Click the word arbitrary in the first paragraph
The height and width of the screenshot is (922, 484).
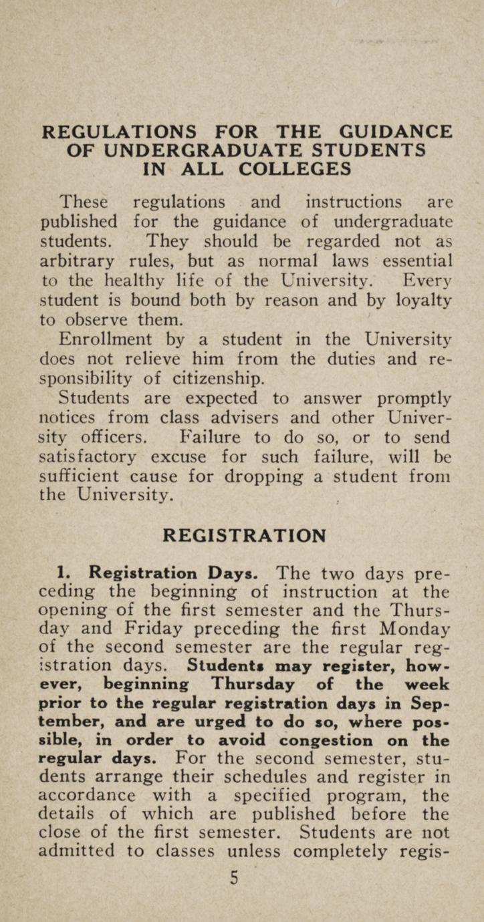pyautogui.click(x=90, y=259)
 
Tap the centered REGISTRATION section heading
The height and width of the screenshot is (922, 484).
pyautogui.click(x=245, y=536)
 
